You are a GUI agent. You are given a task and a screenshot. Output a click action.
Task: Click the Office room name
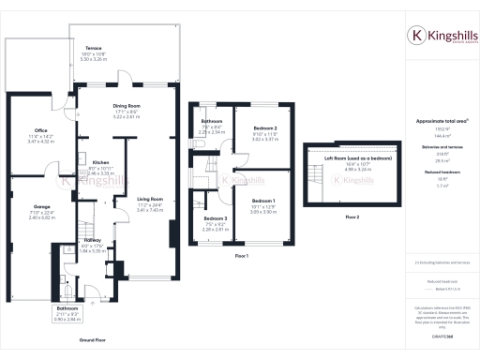point(39,131)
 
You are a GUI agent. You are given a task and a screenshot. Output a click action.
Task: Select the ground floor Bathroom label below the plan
point(67,307)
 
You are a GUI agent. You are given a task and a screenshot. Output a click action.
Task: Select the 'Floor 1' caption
point(241,254)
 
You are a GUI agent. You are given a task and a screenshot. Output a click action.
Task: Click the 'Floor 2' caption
point(352,217)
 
